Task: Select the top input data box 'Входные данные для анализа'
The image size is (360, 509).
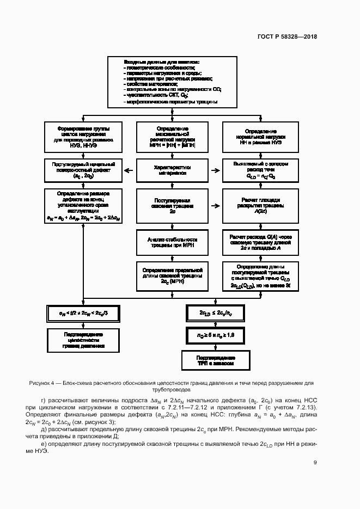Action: tap(173, 82)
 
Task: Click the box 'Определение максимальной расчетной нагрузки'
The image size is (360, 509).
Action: tap(172, 136)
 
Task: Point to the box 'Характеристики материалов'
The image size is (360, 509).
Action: tap(172, 169)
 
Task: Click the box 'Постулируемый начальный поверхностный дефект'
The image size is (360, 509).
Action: tap(83, 170)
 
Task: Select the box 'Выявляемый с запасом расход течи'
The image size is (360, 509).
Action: tap(261, 170)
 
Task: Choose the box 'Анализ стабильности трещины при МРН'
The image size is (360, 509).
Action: tap(172, 242)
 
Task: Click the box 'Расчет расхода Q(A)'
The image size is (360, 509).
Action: tap(261, 242)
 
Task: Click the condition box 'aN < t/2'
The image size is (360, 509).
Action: tap(83, 313)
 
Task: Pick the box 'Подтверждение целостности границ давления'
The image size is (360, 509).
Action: tap(83, 338)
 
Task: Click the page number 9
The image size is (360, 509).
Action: tap(315, 463)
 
